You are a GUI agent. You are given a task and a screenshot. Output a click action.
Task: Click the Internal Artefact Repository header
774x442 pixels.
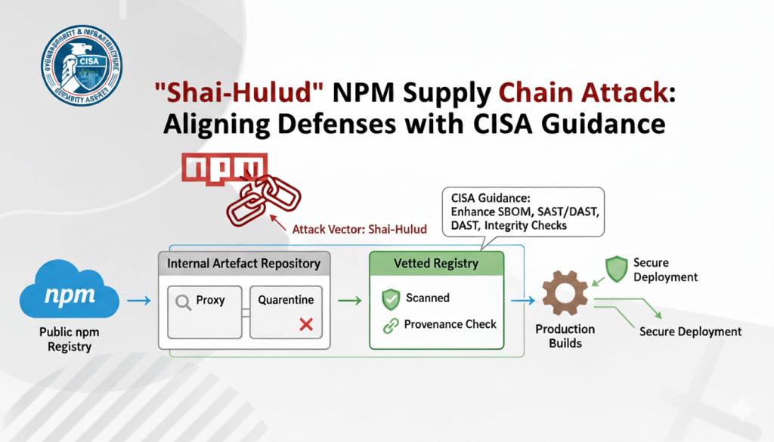(243, 264)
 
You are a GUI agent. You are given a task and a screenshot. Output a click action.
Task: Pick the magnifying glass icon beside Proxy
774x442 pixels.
(183, 301)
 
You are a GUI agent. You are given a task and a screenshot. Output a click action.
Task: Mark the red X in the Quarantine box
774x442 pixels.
(306, 324)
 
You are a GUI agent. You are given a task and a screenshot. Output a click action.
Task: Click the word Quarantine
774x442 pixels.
(286, 300)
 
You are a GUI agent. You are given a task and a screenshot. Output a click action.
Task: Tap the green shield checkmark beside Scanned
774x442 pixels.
(390, 299)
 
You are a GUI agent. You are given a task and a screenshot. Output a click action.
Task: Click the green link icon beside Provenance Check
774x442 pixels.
(390, 325)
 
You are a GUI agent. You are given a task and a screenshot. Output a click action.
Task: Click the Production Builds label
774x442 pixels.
(565, 336)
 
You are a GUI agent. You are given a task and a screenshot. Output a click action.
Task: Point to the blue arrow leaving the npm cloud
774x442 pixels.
(138, 301)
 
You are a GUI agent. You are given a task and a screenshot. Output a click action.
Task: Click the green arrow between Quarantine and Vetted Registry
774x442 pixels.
(348, 301)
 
